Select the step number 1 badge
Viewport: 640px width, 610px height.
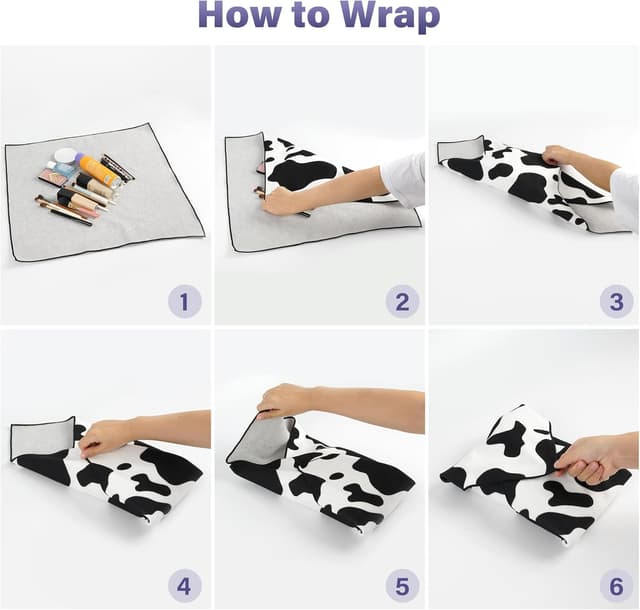[184, 302]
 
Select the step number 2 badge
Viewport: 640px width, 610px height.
[402, 302]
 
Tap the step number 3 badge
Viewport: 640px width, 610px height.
[616, 302]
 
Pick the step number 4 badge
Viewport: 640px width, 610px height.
[184, 587]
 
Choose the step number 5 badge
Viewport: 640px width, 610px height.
[402, 587]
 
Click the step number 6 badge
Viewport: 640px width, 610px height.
[616, 587]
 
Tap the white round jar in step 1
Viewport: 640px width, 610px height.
[66, 156]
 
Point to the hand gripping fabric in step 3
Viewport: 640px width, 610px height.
[560, 156]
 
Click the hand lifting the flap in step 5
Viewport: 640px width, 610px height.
[282, 399]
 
